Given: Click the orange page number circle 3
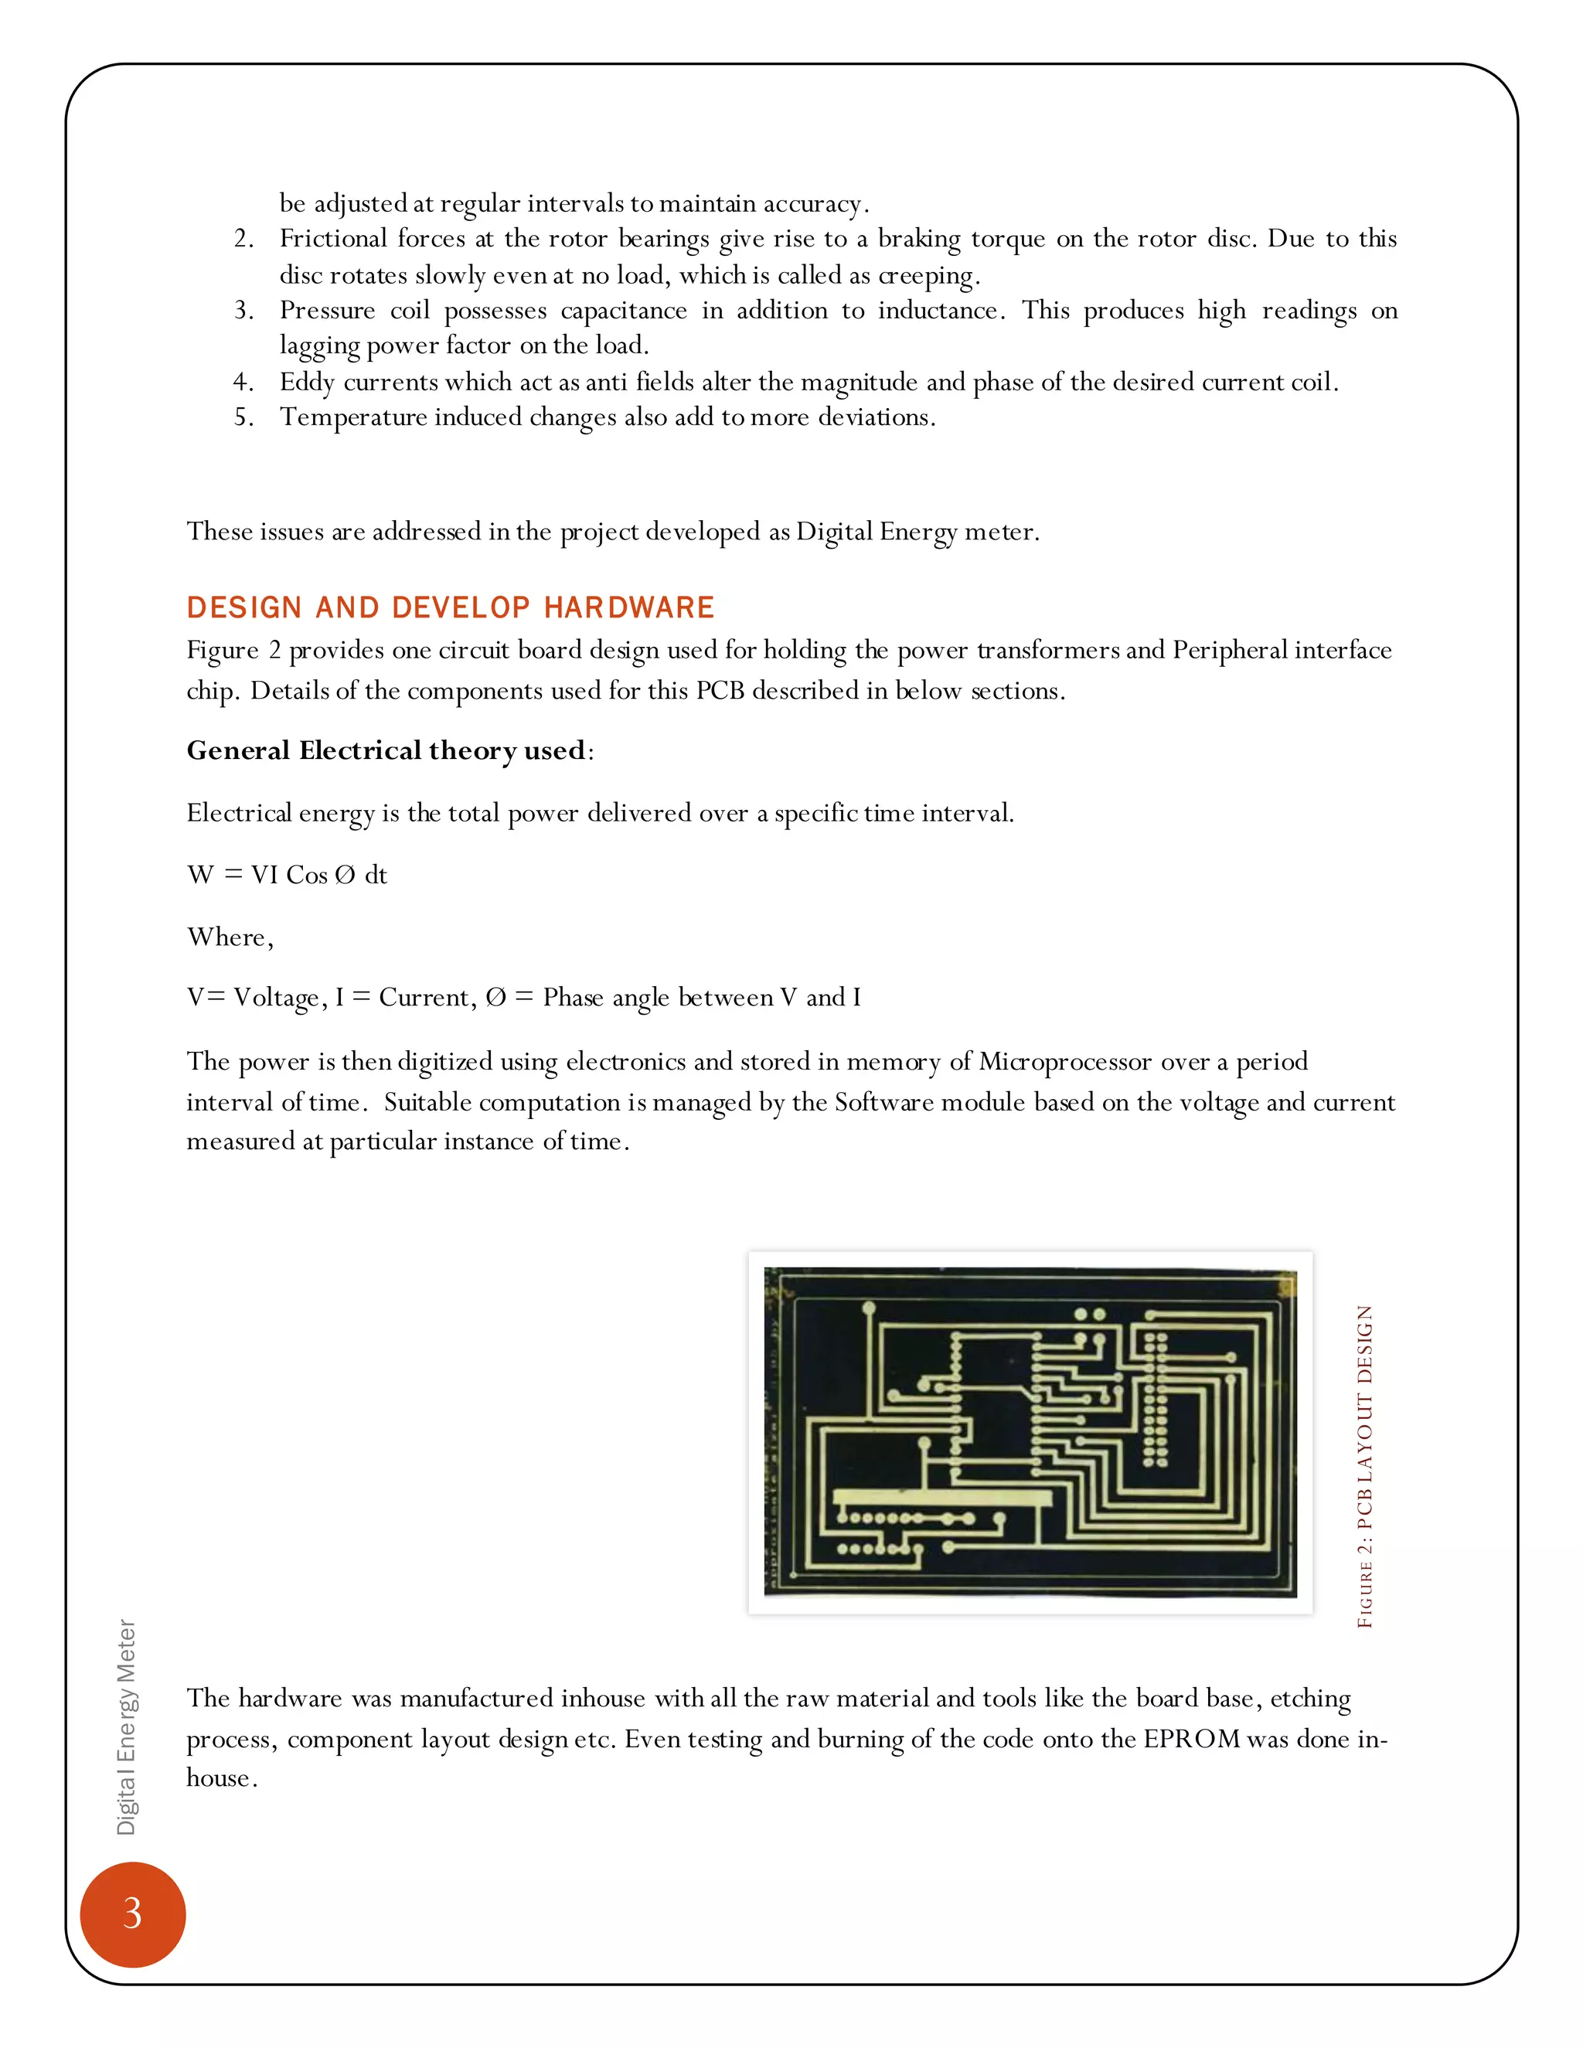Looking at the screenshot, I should pos(132,1913).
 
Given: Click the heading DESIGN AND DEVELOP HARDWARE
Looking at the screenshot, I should pos(450,607).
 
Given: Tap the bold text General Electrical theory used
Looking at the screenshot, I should pos(386,750).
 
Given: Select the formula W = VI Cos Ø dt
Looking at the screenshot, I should pos(287,875).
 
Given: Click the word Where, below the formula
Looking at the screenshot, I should pos(230,937).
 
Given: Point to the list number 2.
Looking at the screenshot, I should pos(243,239).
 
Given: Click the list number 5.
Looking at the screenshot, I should pos(243,417).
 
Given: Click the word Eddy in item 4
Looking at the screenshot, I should pos(307,382).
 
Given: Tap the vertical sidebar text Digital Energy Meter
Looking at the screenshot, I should pos(126,1727).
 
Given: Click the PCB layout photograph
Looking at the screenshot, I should pos(1030,1432).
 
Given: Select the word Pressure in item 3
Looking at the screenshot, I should pos(327,311).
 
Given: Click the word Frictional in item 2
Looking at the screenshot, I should pos(331,239).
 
